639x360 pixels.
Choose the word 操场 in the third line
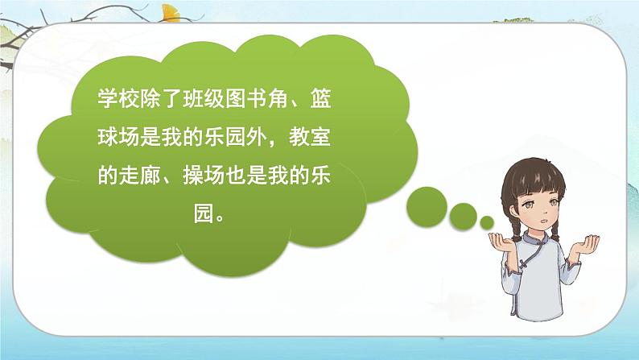click(209, 178)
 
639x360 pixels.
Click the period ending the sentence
click(128, 218)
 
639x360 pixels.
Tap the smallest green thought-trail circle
click(486, 221)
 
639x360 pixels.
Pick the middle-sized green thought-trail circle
click(462, 215)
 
